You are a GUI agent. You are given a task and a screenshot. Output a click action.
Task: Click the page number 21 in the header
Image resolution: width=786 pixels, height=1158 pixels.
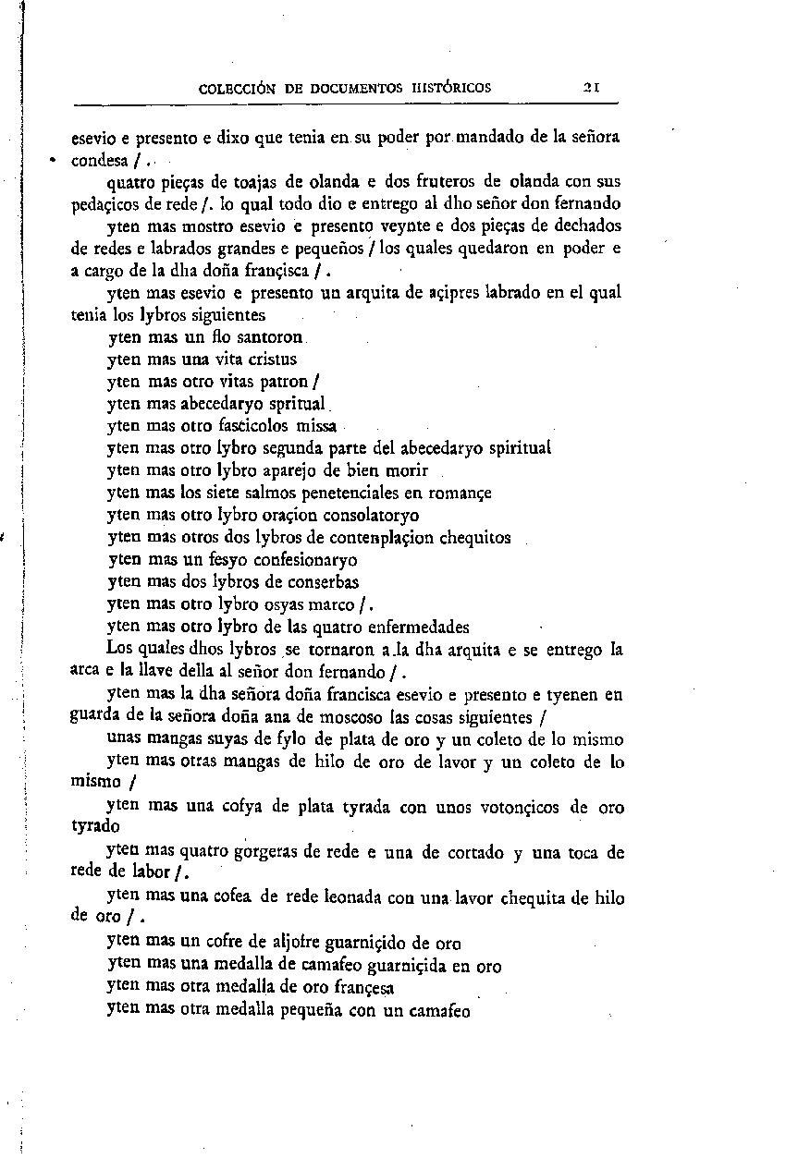593,89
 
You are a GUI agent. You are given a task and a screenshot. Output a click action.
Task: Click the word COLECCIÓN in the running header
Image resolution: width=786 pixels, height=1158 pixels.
238,90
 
